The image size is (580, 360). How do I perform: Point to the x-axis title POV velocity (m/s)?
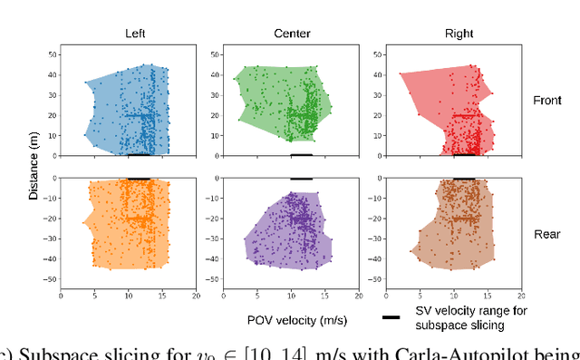[x=299, y=319]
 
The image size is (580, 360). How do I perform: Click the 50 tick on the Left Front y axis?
[x=53, y=54]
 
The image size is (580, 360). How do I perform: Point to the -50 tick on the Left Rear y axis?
[x=51, y=280]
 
